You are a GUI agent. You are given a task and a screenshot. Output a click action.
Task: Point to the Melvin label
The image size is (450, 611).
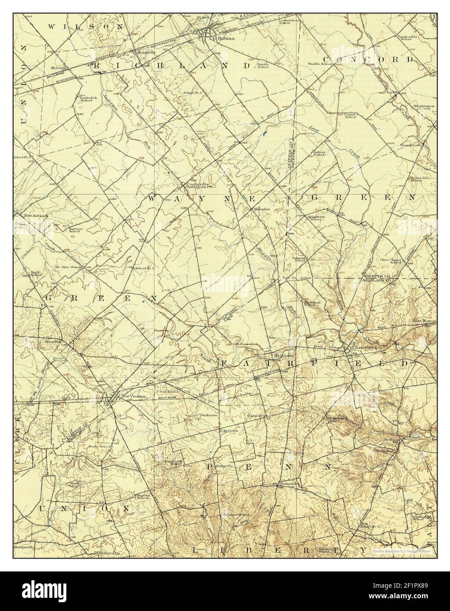[x=57, y=68]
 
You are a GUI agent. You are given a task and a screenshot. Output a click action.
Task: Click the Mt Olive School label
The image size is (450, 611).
[x=68, y=267]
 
